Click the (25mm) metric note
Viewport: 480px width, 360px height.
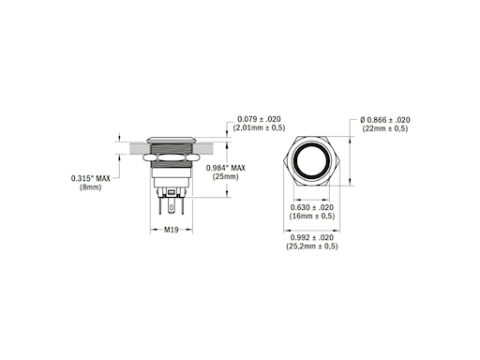pyautogui.click(x=226, y=176)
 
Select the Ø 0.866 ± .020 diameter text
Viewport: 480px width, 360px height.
pyautogui.click(x=384, y=120)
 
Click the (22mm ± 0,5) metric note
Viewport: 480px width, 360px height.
pyautogui.click(x=384, y=129)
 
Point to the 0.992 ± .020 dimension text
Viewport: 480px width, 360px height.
pyautogui.click(x=308, y=238)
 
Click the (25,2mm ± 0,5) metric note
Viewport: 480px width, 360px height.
pyautogui.click(x=309, y=247)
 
